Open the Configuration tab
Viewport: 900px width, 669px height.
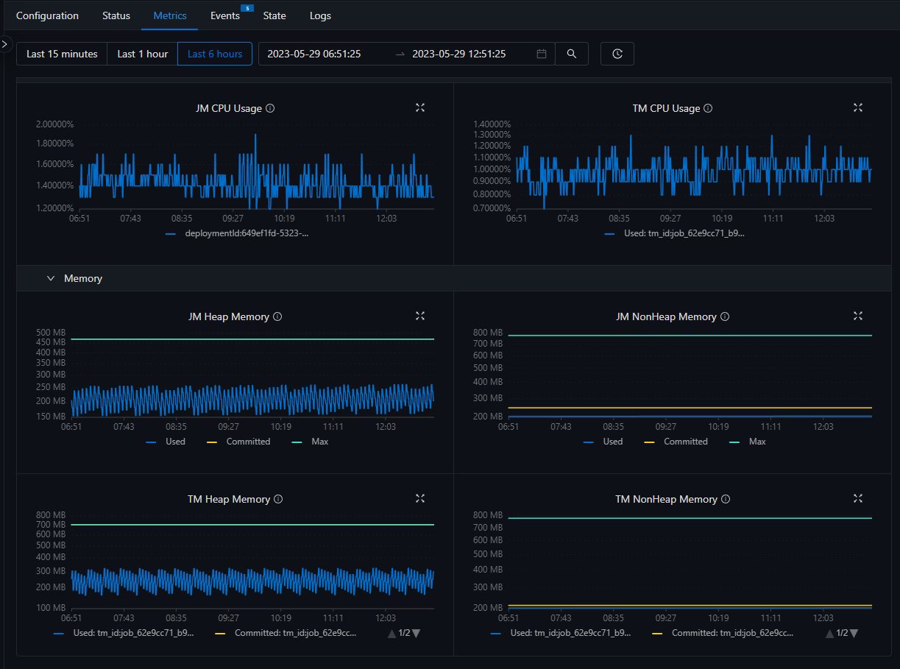(47, 16)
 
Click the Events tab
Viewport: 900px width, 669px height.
(224, 16)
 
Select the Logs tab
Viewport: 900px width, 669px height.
(320, 16)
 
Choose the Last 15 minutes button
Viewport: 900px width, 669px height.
(62, 54)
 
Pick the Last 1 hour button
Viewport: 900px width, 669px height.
(143, 54)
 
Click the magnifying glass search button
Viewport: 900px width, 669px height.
(571, 54)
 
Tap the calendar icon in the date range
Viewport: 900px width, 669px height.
(542, 54)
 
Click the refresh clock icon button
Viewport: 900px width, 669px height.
(617, 54)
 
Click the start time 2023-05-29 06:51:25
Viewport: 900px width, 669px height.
(314, 54)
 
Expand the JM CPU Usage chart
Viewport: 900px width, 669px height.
(420, 107)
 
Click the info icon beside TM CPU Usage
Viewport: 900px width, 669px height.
(708, 108)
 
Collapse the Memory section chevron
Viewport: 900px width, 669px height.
(51, 278)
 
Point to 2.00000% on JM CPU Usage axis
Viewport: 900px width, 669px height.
(54, 124)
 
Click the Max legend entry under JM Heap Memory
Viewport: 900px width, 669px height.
(310, 442)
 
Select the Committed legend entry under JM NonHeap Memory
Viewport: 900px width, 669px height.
(676, 442)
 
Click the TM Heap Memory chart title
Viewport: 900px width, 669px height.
(228, 499)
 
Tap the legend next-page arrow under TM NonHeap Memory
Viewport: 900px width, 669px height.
(854, 633)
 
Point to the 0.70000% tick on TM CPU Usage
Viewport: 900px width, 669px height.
(492, 208)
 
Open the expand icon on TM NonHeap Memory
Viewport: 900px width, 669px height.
(858, 498)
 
